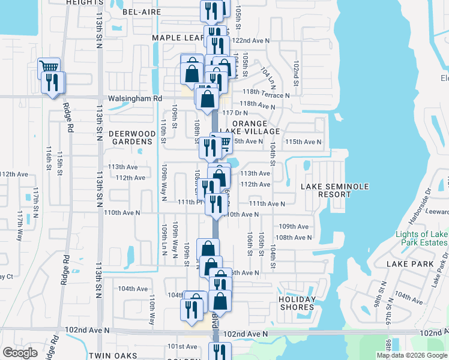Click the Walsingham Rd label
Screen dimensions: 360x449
click(x=135, y=98)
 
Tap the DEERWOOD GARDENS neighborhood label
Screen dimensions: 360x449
click(x=132, y=137)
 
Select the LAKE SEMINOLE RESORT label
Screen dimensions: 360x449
click(x=326, y=190)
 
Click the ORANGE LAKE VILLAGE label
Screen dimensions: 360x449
click(x=256, y=127)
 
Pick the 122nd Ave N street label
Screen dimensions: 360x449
click(x=252, y=40)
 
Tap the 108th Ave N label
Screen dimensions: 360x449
click(x=294, y=237)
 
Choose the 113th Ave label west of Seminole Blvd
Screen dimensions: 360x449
click(x=122, y=167)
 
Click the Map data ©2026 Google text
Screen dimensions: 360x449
click(x=412, y=355)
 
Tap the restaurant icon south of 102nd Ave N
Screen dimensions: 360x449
click(x=220, y=352)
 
